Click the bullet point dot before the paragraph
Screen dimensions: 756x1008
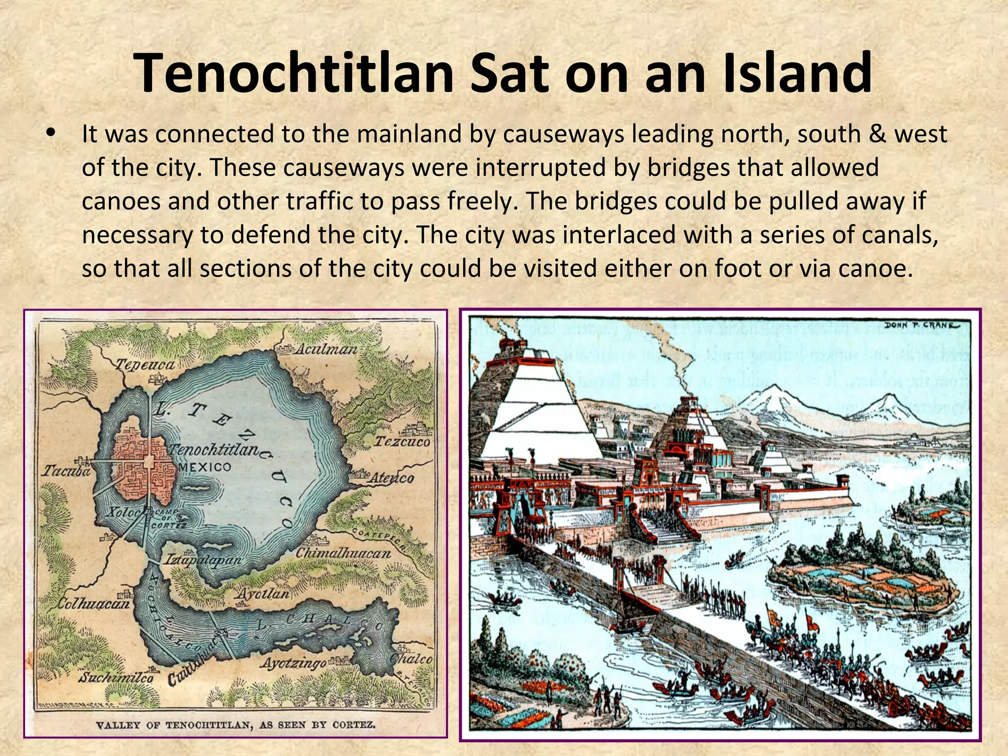(x=50, y=134)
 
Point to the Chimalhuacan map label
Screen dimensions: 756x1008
(x=343, y=553)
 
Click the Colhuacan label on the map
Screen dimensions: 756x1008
(x=94, y=603)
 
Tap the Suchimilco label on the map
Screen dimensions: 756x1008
(x=117, y=677)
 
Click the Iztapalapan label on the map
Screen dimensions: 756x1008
(x=203, y=560)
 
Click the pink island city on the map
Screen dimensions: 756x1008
(x=143, y=463)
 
